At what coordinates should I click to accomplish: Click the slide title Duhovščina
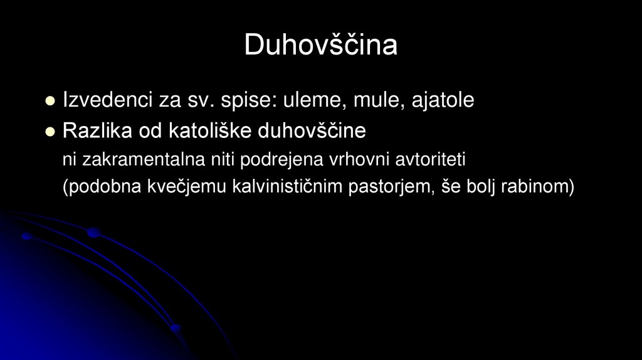(x=320, y=45)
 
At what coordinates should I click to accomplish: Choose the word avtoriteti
(x=430, y=160)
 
